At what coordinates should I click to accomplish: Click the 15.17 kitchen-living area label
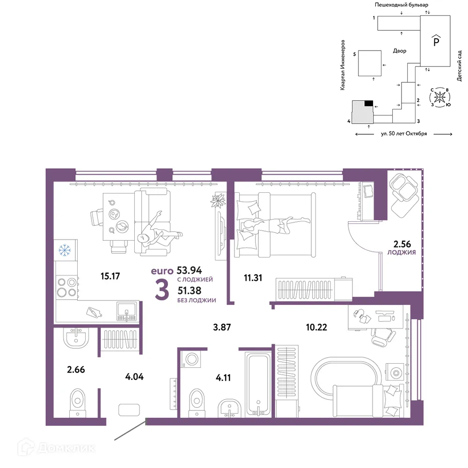coord(110,276)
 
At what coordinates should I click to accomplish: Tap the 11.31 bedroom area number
coord(253,278)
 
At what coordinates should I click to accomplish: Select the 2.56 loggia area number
coord(402,244)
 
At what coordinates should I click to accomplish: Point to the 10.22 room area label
coord(316,327)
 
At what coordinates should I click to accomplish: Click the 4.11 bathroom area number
coord(223,378)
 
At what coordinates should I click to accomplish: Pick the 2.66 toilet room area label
coord(76,370)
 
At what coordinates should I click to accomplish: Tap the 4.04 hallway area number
coord(134,377)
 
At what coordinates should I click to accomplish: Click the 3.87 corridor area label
coord(222,327)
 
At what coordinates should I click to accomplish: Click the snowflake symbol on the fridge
coord(65,250)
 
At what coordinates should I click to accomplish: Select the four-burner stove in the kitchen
coord(67,287)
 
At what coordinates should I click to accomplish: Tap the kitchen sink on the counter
coord(127,312)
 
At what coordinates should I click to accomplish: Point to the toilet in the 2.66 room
coord(78,402)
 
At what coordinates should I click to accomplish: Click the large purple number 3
coord(162,290)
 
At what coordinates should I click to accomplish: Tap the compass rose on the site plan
coord(439,97)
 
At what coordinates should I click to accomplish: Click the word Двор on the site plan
coord(400,51)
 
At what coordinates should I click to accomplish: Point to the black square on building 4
coord(369,103)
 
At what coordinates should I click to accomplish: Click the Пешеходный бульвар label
coord(402,5)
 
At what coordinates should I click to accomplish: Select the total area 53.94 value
coord(189,270)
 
